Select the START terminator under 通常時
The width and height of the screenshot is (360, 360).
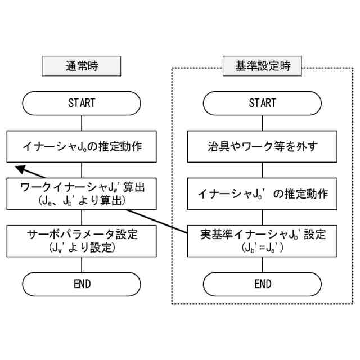(x=82, y=103)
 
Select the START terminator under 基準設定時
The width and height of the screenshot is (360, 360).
(x=263, y=103)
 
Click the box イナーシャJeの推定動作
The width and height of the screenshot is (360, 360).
(x=82, y=147)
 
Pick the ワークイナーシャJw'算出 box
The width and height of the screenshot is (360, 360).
(x=82, y=193)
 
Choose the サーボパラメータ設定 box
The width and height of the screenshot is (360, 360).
(x=82, y=240)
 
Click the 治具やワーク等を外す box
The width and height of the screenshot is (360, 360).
(x=263, y=147)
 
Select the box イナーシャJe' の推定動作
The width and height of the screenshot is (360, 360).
(x=263, y=194)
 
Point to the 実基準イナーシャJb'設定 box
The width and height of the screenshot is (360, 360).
(x=263, y=240)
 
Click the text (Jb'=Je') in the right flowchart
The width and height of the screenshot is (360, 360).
(x=263, y=247)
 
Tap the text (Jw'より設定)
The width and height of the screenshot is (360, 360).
(x=82, y=247)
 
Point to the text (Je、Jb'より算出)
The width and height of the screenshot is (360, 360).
(x=82, y=200)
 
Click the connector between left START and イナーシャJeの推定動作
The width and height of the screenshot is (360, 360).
(x=82, y=123)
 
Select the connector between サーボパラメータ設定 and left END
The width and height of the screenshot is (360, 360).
(x=82, y=264)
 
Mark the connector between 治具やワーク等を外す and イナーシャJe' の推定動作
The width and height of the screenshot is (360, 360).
(x=263, y=171)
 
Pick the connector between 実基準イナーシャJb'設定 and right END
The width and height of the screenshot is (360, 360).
(x=263, y=264)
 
